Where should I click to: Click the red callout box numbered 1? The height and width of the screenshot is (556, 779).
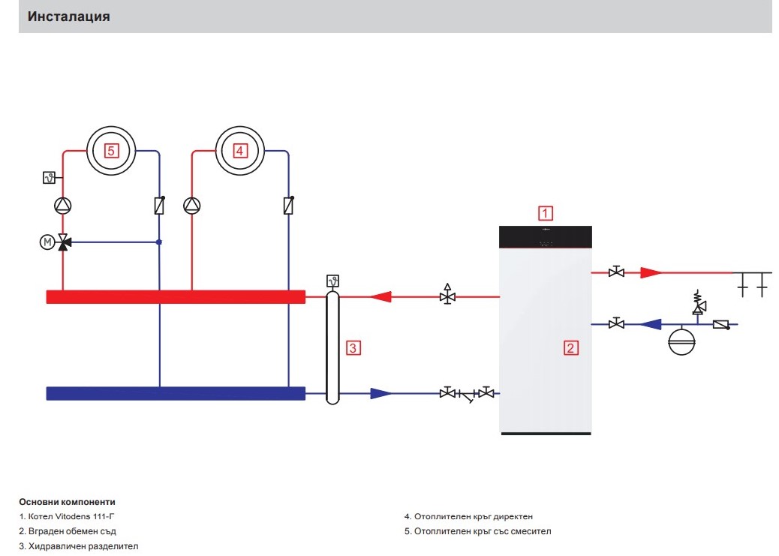545,213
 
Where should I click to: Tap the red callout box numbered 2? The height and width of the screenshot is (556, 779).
570,348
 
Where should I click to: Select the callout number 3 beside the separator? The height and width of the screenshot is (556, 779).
353,348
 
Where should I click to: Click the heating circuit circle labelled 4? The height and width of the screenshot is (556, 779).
240,151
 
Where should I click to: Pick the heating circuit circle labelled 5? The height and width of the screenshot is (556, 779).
111,151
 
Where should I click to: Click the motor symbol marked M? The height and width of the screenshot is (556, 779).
47,242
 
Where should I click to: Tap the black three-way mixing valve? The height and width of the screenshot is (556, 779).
64,242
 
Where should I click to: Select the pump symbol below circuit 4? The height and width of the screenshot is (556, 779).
192,206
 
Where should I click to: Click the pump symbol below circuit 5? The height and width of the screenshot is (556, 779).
62,206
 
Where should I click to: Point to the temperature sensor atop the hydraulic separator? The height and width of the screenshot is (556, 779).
333,281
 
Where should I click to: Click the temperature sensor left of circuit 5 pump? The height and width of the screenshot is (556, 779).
49,177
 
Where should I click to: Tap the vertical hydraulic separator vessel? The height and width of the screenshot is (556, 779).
332,348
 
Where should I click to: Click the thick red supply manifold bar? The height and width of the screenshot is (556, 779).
176,297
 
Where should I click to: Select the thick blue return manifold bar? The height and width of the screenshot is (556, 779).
176,393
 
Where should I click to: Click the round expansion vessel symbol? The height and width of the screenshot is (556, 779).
681,341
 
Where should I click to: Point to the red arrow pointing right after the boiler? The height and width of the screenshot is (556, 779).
651,272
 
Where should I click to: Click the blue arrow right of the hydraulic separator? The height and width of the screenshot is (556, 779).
381,393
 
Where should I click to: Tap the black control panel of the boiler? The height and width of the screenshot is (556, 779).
546,237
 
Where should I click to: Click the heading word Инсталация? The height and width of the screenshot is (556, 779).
68,17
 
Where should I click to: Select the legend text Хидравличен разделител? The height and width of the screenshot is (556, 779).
83,546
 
